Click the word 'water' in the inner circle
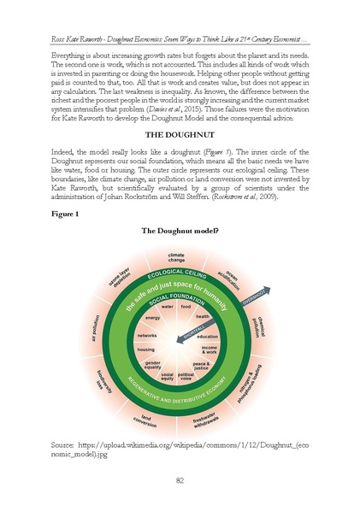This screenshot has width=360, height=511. (168, 305)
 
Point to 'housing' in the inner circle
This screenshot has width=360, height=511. (146, 350)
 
